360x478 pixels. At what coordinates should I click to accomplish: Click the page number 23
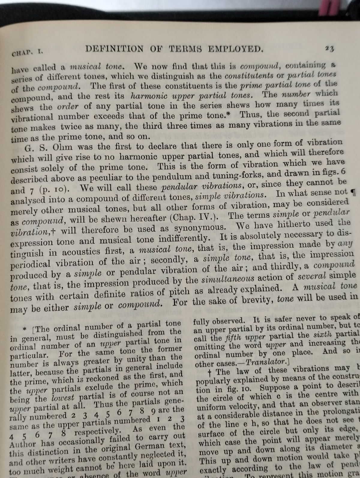[x=329, y=49]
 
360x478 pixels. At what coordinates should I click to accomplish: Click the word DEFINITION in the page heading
[x=114, y=49]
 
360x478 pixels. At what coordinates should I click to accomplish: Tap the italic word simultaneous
[x=228, y=279]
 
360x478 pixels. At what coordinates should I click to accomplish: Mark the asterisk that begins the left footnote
[x=25, y=329]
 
